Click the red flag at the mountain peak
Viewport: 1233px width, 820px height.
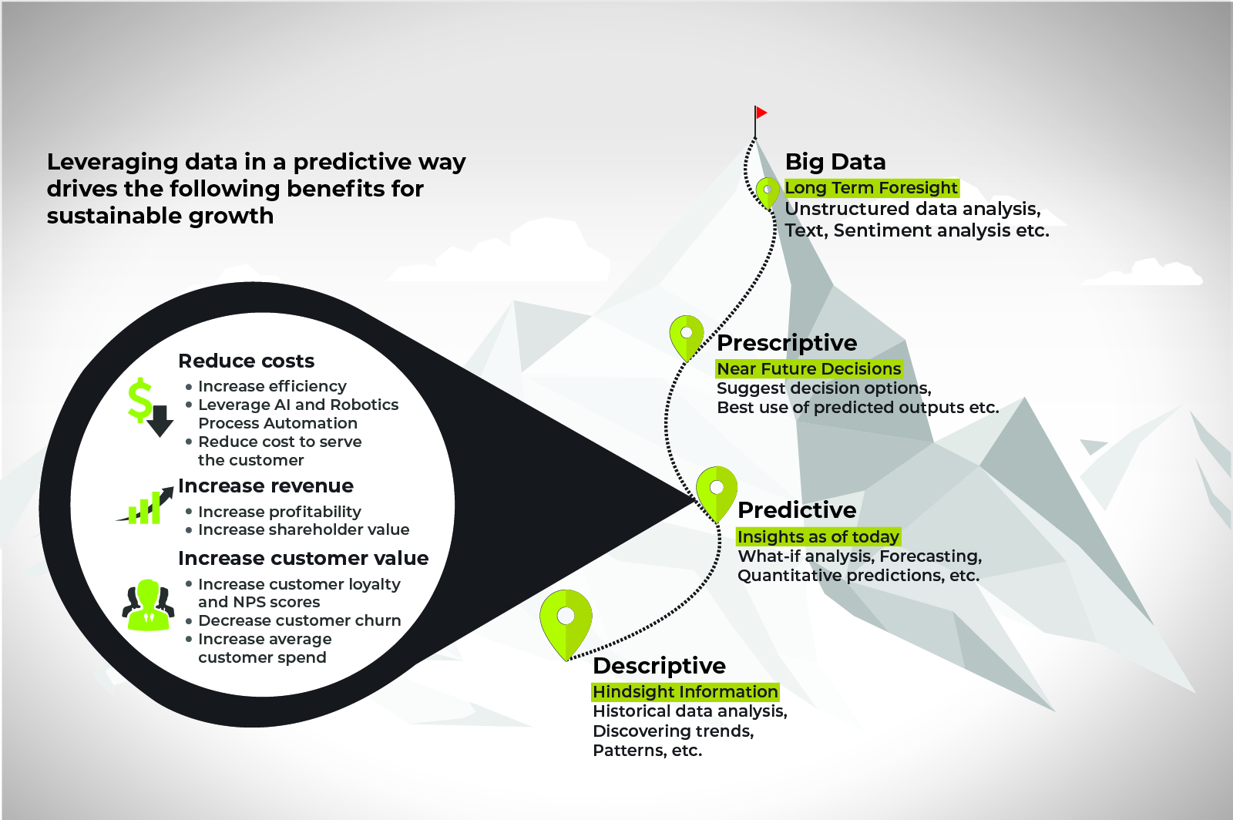click(761, 113)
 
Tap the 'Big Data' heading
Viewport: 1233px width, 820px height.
click(835, 162)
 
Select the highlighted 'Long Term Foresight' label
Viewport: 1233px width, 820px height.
click(872, 188)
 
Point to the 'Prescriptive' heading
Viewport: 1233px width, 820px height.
click(787, 343)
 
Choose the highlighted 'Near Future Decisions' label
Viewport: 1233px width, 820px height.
click(809, 368)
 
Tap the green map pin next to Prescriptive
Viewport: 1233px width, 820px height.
click(687, 338)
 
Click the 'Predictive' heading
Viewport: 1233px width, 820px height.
click(797, 510)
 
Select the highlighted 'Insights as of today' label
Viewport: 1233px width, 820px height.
click(818, 536)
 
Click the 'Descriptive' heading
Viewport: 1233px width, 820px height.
click(660, 666)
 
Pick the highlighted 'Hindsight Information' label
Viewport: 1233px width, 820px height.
click(685, 692)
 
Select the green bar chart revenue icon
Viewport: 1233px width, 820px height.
click(145, 506)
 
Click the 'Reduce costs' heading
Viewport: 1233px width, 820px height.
click(246, 361)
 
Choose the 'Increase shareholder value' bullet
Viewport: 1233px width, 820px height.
click(304, 529)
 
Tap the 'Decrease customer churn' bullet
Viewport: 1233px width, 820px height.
click(300, 620)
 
